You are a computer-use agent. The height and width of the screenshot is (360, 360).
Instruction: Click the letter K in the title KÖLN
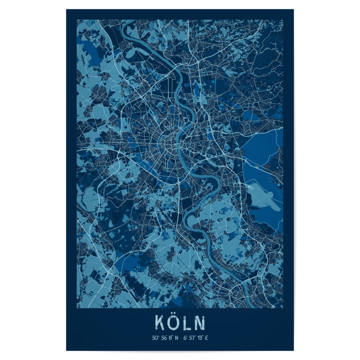click(x=159, y=322)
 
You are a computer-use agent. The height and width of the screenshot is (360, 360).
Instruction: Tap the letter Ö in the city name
click(x=173, y=322)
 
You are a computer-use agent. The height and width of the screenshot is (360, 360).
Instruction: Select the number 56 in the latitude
click(x=164, y=337)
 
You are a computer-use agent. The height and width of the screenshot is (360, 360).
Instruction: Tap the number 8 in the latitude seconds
click(x=171, y=337)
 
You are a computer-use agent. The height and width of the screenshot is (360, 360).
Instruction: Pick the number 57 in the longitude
click(x=191, y=337)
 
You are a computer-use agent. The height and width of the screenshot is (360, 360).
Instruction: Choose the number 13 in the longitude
click(x=199, y=337)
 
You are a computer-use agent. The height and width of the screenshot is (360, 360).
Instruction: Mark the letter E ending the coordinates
click(x=206, y=337)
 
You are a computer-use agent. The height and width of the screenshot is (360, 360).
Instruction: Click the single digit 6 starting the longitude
click(x=184, y=337)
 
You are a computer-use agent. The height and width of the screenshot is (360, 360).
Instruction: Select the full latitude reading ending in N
click(x=166, y=337)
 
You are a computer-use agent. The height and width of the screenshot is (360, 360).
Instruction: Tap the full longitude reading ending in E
click(x=195, y=337)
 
